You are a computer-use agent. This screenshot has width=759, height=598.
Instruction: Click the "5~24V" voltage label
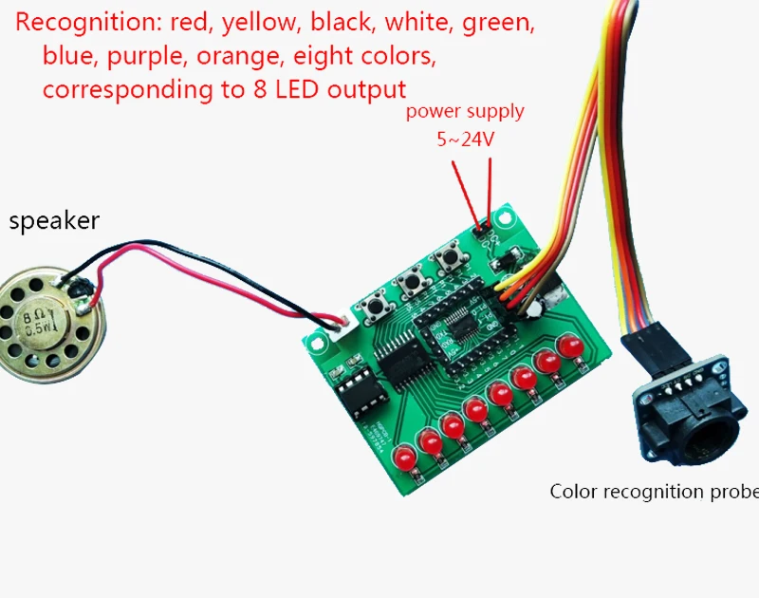[465, 140]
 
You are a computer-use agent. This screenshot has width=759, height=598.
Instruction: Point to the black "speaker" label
[54, 222]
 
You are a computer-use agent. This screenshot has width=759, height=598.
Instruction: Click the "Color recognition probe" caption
[654, 492]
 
